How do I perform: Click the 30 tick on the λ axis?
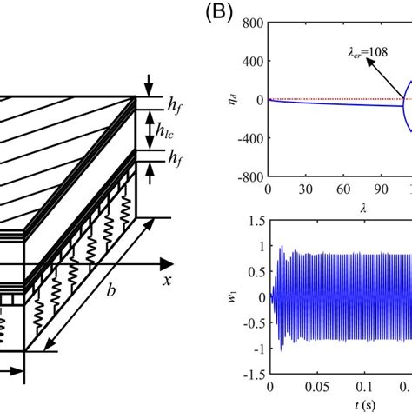click(x=304, y=188)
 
